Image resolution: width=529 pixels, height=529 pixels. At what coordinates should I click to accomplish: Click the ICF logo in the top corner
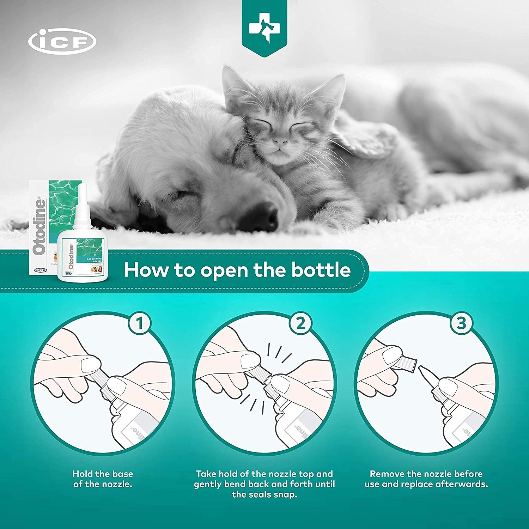click(x=62, y=42)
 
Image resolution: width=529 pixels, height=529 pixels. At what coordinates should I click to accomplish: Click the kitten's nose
click(x=281, y=142)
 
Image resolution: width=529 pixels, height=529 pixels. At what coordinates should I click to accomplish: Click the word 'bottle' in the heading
click(x=321, y=270)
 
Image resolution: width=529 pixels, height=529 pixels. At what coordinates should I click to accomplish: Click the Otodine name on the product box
click(x=39, y=226)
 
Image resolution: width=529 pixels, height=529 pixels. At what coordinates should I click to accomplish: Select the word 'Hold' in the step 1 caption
click(x=83, y=474)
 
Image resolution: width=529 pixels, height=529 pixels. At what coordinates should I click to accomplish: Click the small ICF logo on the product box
click(x=40, y=270)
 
